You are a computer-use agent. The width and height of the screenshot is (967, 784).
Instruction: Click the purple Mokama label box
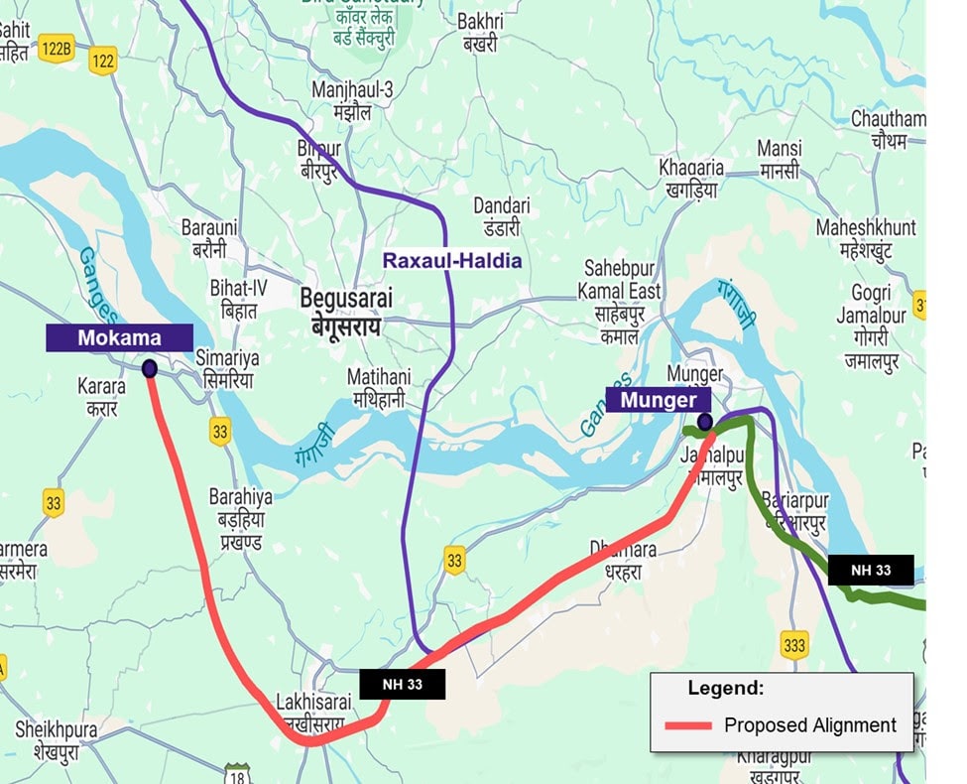[119, 337]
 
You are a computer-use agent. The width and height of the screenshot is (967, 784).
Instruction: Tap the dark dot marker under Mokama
[150, 369]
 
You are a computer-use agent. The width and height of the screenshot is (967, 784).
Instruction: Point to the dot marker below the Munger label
[705, 422]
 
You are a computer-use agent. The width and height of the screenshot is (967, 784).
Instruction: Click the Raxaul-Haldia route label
[452, 260]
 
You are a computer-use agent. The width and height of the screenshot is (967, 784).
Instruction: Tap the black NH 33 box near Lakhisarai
[402, 684]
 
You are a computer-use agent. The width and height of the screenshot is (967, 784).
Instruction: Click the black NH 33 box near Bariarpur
[870, 570]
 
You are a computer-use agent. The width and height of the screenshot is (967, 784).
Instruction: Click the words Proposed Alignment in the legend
[810, 725]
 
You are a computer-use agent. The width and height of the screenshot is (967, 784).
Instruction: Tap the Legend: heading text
[726, 687]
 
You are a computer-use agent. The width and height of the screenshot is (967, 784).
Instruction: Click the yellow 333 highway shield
[793, 643]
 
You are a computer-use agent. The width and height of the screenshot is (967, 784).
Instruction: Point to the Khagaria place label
[691, 168]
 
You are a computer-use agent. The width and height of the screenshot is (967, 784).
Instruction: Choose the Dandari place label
[501, 205]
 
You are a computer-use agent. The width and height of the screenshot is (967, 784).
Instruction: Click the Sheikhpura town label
[56, 730]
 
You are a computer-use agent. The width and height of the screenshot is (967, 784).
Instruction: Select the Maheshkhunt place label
[866, 228]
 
